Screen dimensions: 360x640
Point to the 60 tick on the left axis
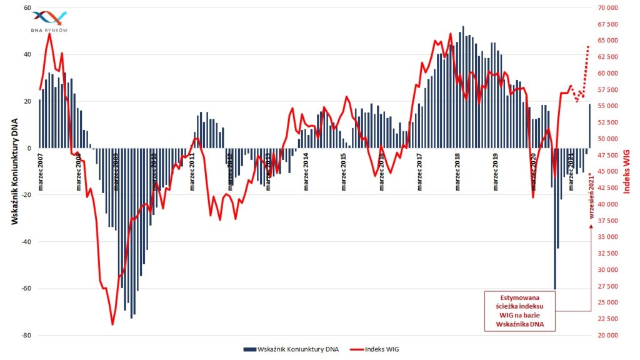pos(27,8)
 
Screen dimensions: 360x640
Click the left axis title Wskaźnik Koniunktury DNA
pos(14,171)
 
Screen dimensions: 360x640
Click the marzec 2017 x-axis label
pos(420,171)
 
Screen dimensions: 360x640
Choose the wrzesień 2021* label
pos(591,197)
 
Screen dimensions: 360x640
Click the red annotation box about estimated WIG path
pos(519,311)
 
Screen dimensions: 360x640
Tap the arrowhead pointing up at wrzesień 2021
pos(591,227)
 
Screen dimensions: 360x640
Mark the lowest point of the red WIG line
pos(112,324)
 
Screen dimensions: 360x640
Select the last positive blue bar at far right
pos(589,126)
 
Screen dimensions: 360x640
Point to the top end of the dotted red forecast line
pos(588,46)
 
